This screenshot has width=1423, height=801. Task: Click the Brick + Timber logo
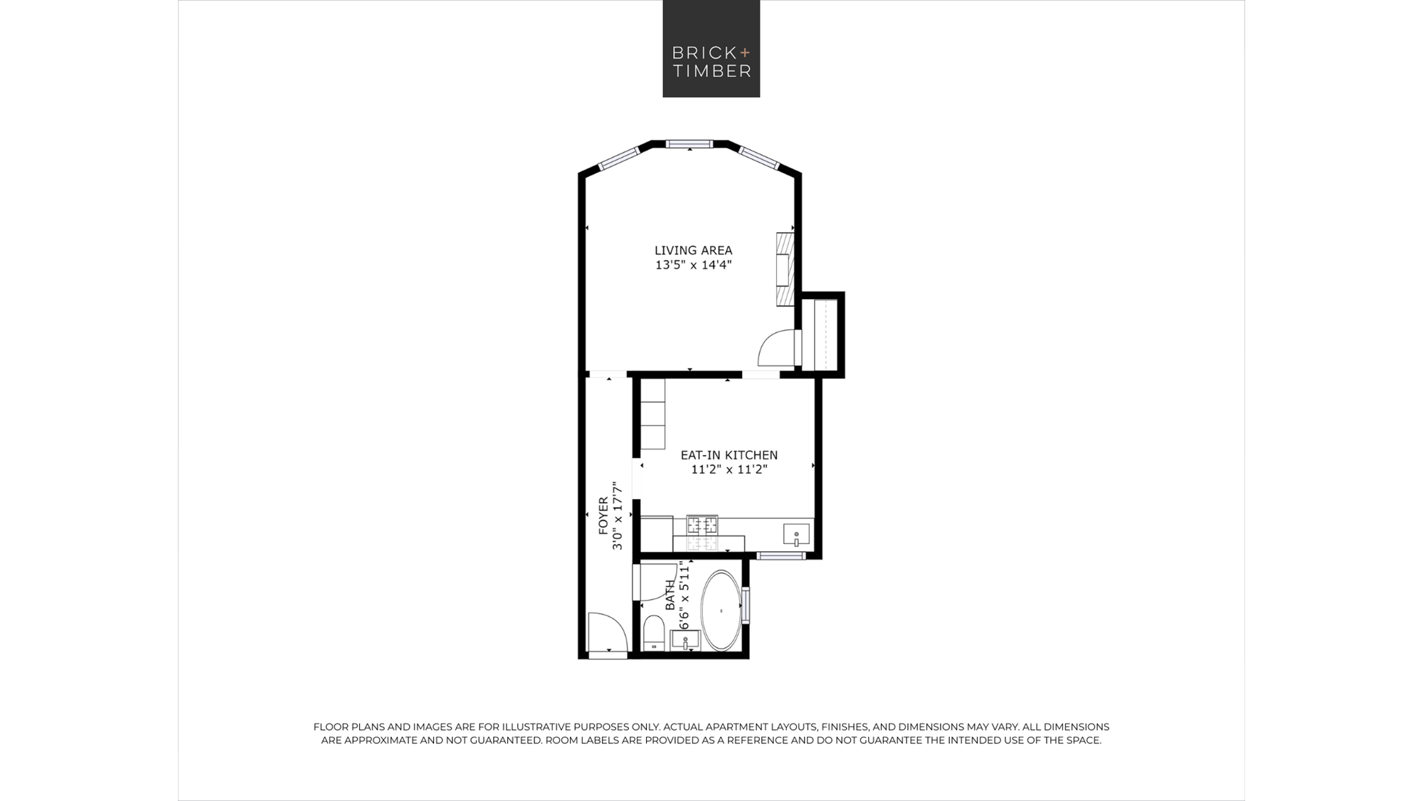711,48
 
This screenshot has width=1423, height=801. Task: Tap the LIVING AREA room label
693,250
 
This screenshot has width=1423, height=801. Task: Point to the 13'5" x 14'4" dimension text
693,265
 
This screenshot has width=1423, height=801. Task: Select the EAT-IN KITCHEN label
729,455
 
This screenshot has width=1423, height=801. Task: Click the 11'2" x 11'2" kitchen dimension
729,469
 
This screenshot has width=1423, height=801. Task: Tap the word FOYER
603,516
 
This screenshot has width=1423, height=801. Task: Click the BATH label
670,595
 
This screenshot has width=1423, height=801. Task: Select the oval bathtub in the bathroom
721,610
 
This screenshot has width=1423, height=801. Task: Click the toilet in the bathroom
654,633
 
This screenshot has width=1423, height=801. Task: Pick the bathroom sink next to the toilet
685,640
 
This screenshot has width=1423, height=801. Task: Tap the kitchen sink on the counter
796,534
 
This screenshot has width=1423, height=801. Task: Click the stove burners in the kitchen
702,525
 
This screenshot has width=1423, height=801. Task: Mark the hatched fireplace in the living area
785,269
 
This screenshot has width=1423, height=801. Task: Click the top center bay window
689,144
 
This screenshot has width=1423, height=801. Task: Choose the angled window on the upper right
759,158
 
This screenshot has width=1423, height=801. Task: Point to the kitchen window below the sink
781,555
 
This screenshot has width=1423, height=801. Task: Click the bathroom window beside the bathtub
745,605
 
